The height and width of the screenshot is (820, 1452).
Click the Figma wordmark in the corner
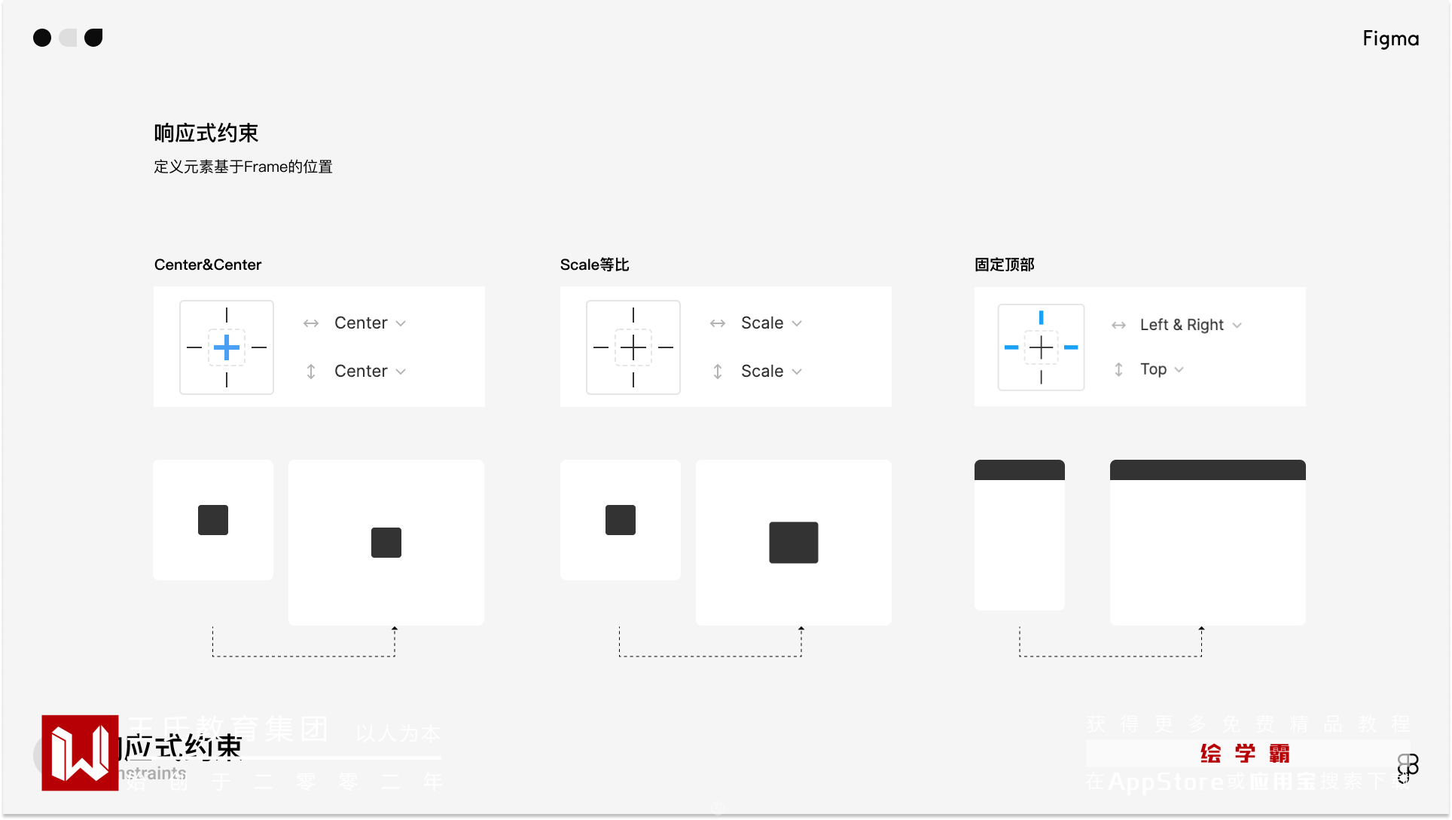point(1390,38)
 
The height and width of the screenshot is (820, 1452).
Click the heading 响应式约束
point(206,133)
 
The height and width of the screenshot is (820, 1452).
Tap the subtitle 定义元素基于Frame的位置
point(243,167)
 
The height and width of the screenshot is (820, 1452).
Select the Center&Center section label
point(208,265)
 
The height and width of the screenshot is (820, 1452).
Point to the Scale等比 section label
point(594,265)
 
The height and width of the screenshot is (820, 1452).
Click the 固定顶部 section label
point(1004,265)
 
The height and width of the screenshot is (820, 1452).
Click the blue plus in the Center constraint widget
point(227,347)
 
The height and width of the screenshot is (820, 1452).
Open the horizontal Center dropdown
point(370,323)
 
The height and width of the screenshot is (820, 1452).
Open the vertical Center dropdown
point(370,372)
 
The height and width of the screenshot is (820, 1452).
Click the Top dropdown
point(1161,369)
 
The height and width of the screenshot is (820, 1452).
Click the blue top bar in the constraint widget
point(1041,317)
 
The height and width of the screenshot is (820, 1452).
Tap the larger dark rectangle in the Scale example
point(793,543)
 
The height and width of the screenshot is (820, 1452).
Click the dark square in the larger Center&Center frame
point(386,543)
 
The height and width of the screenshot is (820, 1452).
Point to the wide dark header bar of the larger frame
point(1207,470)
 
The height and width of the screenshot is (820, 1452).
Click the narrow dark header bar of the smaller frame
point(1019,470)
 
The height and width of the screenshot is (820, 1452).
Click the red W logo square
point(80,753)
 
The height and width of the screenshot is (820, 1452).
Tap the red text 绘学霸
point(1245,754)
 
